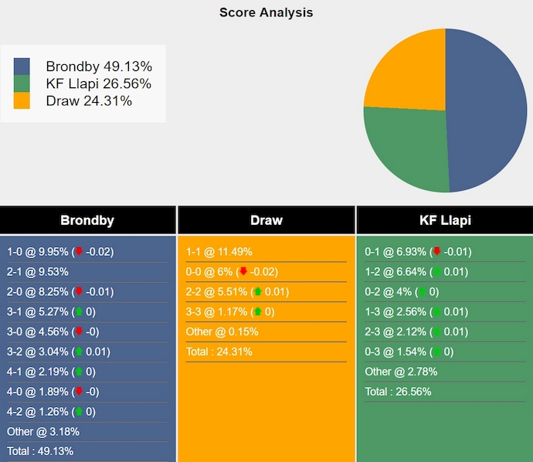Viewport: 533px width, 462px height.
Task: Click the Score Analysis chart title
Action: (266, 12)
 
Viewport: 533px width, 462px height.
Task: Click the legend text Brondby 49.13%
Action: (98, 66)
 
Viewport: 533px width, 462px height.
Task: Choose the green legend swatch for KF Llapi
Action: (22, 83)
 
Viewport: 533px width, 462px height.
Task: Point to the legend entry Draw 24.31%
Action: (88, 100)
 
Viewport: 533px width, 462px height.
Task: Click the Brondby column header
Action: (87, 220)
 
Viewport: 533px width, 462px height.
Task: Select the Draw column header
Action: (266, 220)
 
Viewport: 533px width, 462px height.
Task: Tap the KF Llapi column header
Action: (445, 220)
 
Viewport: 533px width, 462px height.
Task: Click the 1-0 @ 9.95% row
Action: (60, 252)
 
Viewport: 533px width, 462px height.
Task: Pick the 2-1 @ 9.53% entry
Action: (38, 272)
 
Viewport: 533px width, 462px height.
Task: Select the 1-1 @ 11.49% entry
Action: (219, 252)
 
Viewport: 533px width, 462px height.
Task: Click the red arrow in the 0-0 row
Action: (244, 272)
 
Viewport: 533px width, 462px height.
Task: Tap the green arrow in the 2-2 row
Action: (257, 292)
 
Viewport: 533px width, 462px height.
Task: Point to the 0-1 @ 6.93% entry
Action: (417, 252)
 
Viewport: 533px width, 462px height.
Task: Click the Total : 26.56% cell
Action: (398, 392)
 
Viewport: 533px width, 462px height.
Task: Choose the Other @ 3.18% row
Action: (43, 432)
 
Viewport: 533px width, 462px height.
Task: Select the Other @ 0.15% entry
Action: (222, 332)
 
